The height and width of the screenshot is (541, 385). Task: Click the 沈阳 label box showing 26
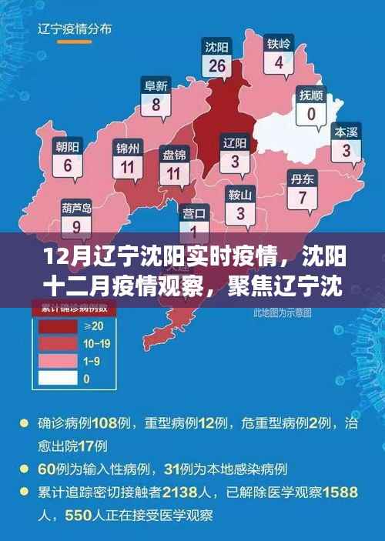[217, 58]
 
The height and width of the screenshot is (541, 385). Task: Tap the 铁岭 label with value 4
[279, 54]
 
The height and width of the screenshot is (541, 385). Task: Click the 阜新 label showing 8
[157, 95]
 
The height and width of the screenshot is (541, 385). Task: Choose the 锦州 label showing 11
[127, 157]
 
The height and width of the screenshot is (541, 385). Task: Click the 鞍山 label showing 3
[240, 204]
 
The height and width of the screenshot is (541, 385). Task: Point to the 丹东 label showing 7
[303, 190]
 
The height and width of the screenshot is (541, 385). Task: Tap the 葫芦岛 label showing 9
[76, 218]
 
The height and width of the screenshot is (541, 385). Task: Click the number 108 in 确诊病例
[103, 422]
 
